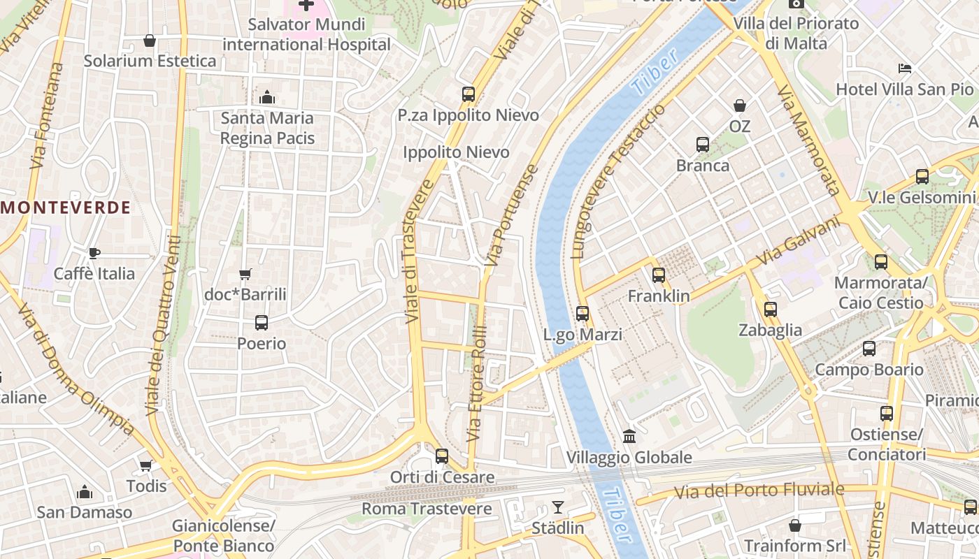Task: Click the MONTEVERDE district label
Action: pyautogui.click(x=66, y=208)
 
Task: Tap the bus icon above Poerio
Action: pyautogui.click(x=262, y=323)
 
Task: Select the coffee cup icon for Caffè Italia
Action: pyautogui.click(x=94, y=253)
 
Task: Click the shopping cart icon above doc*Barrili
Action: pyautogui.click(x=245, y=274)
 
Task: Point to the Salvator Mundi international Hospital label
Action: pyautogui.click(x=306, y=34)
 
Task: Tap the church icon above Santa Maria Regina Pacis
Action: pyautogui.click(x=266, y=97)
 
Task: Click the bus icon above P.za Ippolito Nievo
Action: pyautogui.click(x=469, y=94)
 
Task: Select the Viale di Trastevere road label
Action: pyautogui.click(x=417, y=252)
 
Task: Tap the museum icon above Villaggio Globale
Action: pyautogui.click(x=629, y=436)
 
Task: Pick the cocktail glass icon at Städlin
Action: pyautogui.click(x=557, y=507)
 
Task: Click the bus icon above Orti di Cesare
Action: pyautogui.click(x=442, y=456)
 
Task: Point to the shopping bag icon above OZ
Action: pyautogui.click(x=739, y=106)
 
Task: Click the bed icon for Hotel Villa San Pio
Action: pyautogui.click(x=904, y=68)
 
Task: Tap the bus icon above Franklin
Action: pyautogui.click(x=658, y=275)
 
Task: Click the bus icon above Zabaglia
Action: pyautogui.click(x=770, y=309)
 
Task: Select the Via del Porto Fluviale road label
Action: pyautogui.click(x=759, y=491)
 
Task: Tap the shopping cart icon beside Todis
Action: pyautogui.click(x=146, y=465)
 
